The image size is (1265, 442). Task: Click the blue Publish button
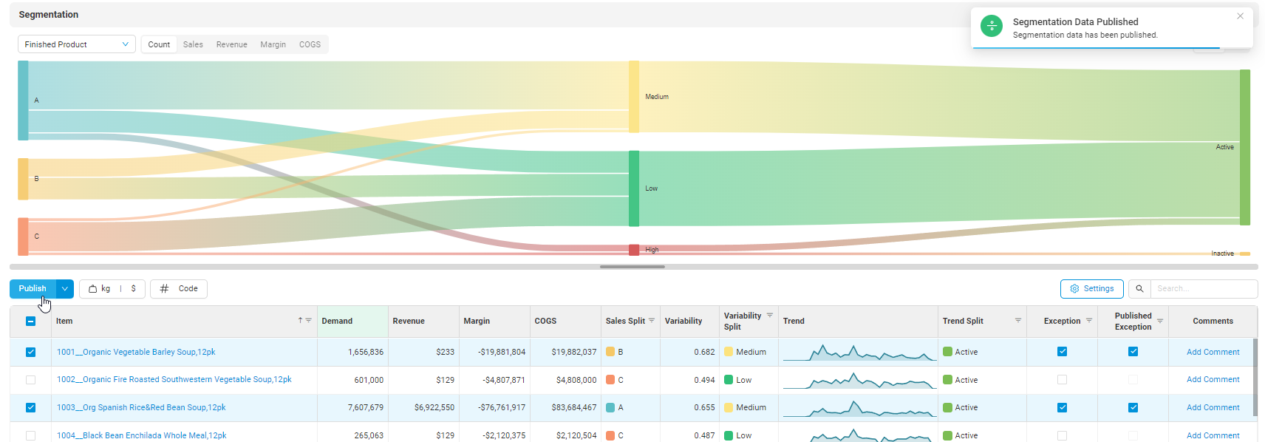click(x=33, y=289)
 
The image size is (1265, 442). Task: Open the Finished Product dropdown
click(x=76, y=44)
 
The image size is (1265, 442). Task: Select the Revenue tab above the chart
click(x=231, y=44)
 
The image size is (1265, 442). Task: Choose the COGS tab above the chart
click(x=310, y=44)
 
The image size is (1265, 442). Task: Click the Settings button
click(x=1091, y=289)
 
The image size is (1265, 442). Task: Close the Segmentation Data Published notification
click(x=1240, y=16)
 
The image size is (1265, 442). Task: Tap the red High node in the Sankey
click(x=634, y=250)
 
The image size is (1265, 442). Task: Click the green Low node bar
click(x=634, y=188)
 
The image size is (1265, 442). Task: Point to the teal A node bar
click(x=24, y=101)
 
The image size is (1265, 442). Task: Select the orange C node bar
click(x=24, y=237)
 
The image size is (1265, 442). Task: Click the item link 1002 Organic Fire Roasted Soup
click(x=174, y=380)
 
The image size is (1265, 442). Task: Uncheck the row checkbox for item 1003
click(x=30, y=407)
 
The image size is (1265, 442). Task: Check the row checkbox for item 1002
click(x=30, y=380)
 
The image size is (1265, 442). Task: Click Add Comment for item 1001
click(x=1213, y=352)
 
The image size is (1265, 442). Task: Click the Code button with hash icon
click(x=179, y=289)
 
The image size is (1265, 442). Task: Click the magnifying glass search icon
click(x=1139, y=289)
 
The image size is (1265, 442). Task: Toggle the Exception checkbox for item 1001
click(x=1062, y=352)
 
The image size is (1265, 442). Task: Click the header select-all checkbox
click(x=30, y=321)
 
